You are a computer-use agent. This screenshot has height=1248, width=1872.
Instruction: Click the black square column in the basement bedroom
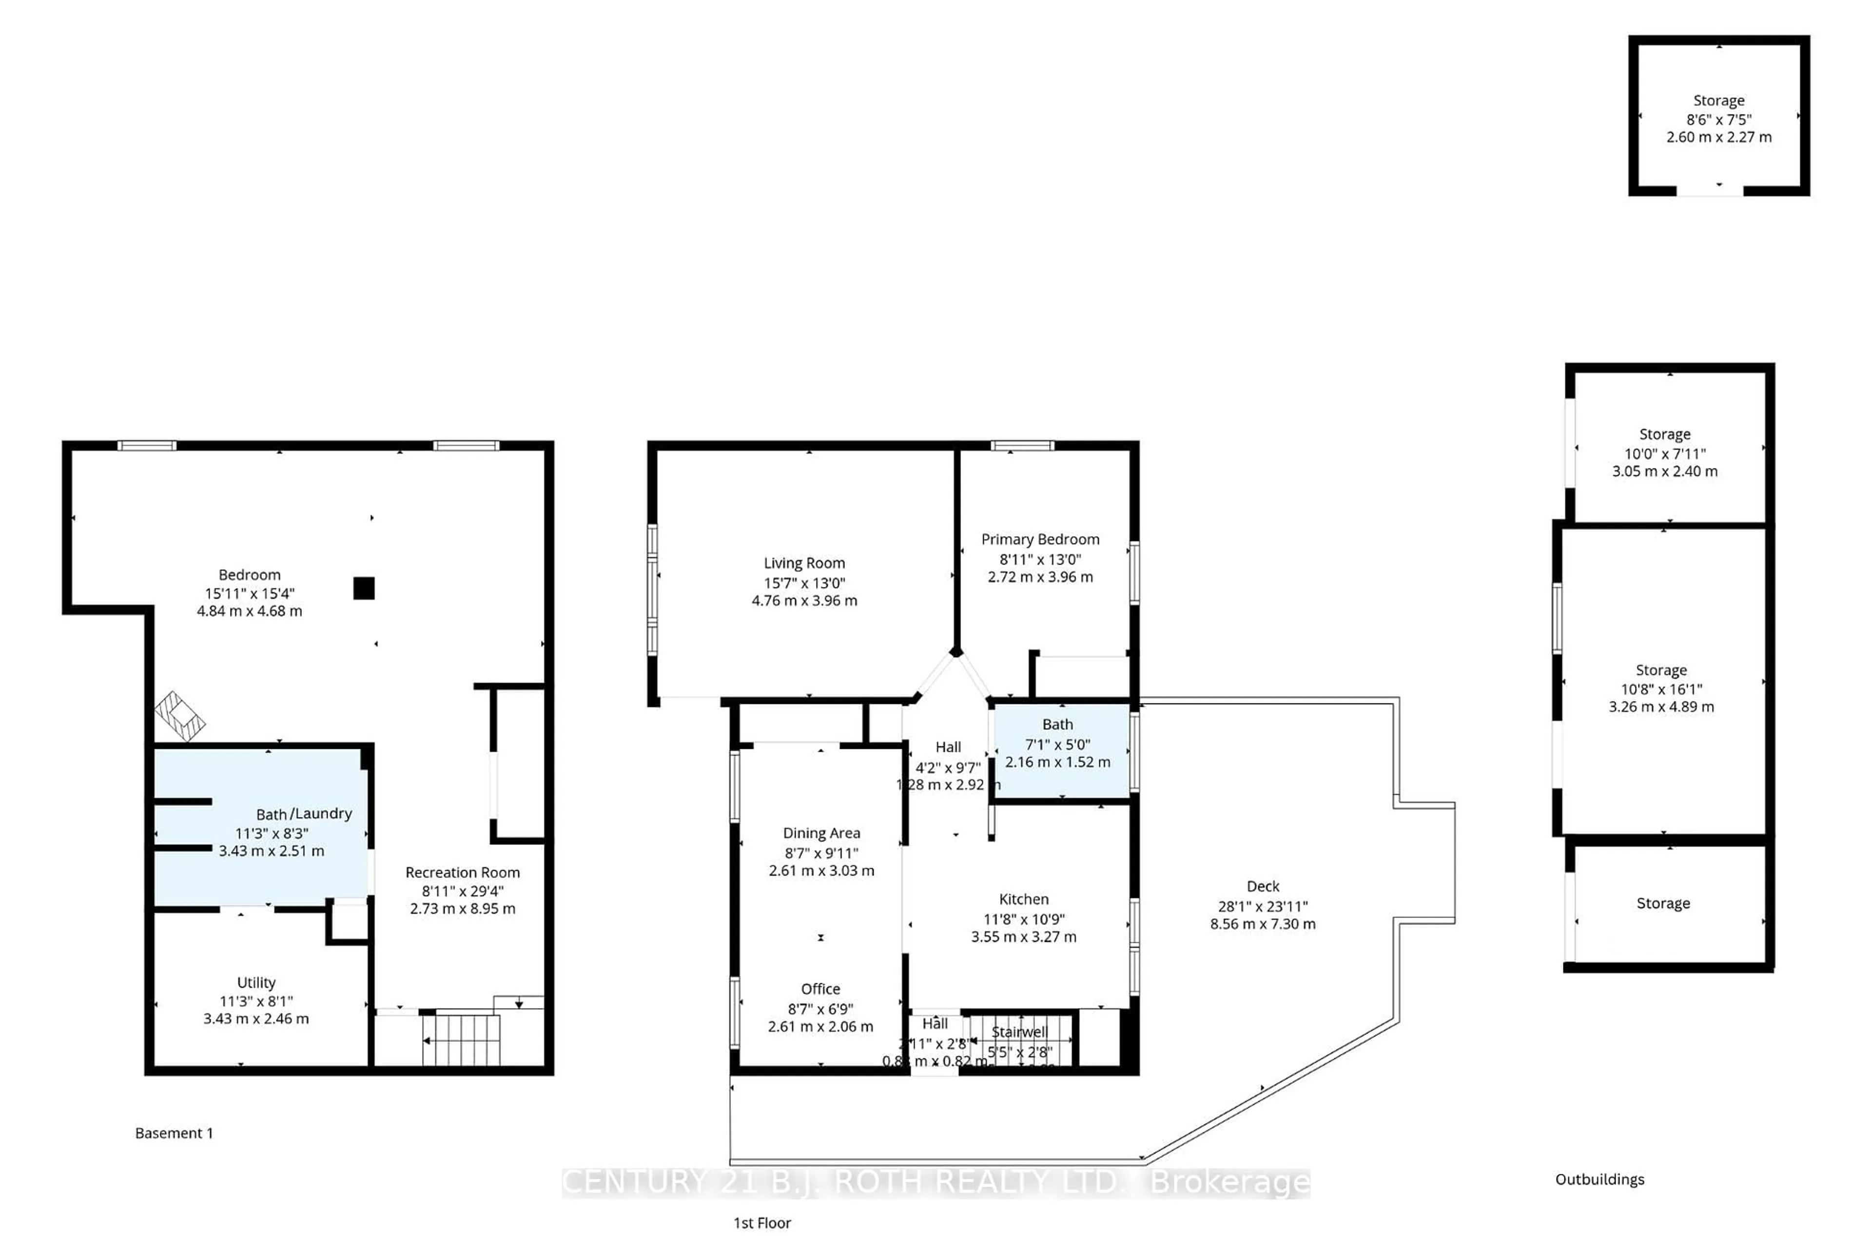[364, 588]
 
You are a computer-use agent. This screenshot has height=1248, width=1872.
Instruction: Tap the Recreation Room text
[463, 872]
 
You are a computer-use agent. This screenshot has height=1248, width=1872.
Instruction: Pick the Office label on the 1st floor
[820, 989]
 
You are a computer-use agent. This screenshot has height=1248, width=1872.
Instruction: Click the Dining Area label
[821, 833]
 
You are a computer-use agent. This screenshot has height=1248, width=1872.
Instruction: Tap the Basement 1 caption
[174, 1132]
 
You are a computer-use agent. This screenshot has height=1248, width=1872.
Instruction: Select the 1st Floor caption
[761, 1223]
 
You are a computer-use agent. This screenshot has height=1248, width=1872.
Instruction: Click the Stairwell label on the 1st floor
[1019, 1032]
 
